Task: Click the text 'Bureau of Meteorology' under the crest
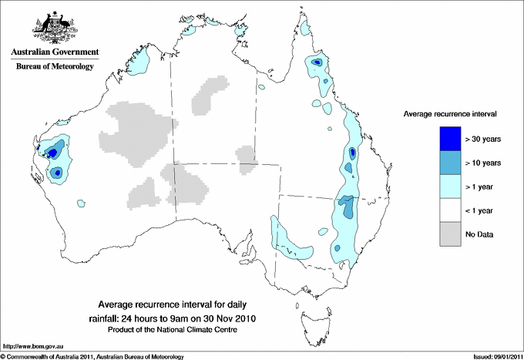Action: pos(55,67)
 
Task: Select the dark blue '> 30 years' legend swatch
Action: pos(445,139)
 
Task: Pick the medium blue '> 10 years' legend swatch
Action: pos(445,163)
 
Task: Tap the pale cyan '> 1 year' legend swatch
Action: pos(445,186)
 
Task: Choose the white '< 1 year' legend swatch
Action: pos(445,210)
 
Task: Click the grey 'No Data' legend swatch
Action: pos(445,234)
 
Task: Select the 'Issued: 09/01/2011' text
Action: pos(494,355)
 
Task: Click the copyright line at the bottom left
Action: pos(92,355)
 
